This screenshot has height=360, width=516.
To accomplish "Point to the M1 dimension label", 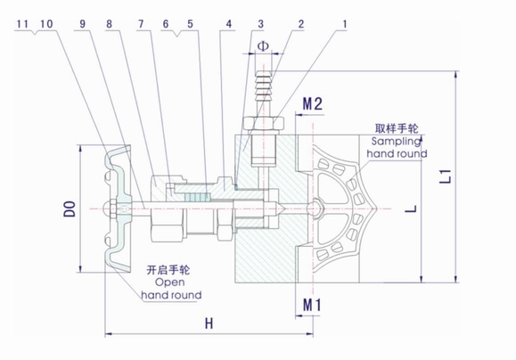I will (x=312, y=306).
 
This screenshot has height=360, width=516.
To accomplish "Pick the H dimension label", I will (x=207, y=323).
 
